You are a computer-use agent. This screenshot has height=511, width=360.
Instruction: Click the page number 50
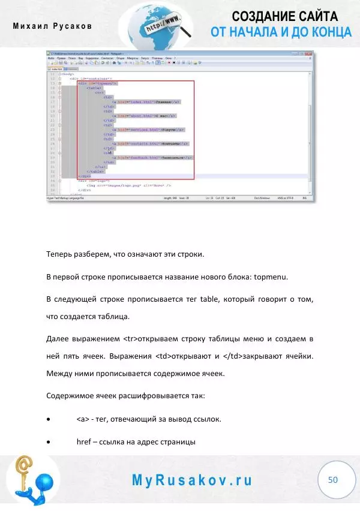pyautogui.click(x=333, y=480)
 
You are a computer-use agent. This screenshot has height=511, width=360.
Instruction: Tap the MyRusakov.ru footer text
pyautogui.click(x=192, y=480)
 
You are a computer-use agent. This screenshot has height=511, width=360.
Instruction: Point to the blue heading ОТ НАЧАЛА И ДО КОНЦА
pyautogui.click(x=281, y=32)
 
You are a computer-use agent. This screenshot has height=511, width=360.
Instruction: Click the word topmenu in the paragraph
pyautogui.click(x=272, y=277)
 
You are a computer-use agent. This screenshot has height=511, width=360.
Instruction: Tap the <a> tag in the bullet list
pyautogui.click(x=83, y=419)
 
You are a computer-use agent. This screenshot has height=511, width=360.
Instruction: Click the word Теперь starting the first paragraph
pyautogui.click(x=62, y=254)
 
